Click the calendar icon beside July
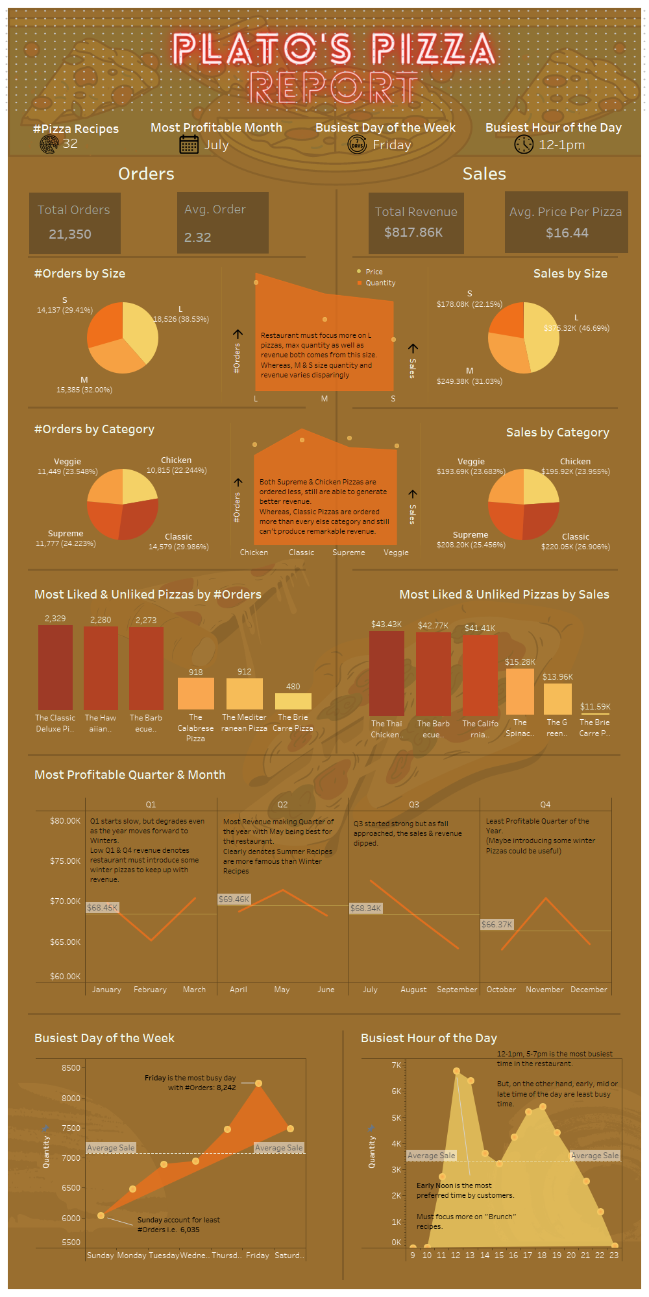189,144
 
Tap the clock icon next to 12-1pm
524,144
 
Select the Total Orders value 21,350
70,234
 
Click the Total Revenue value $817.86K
413,232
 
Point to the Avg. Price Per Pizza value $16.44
567,233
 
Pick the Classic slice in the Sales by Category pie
539,519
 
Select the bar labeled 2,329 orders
55,667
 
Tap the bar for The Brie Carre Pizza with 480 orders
293,701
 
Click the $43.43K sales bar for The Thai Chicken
386,672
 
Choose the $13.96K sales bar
557,698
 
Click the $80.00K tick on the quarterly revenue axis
65,821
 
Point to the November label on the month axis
545,990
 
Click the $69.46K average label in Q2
234,899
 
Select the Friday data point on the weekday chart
258,1083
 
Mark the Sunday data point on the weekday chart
101,1215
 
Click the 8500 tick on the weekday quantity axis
71,1067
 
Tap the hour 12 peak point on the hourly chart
456,1071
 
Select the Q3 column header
414,804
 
